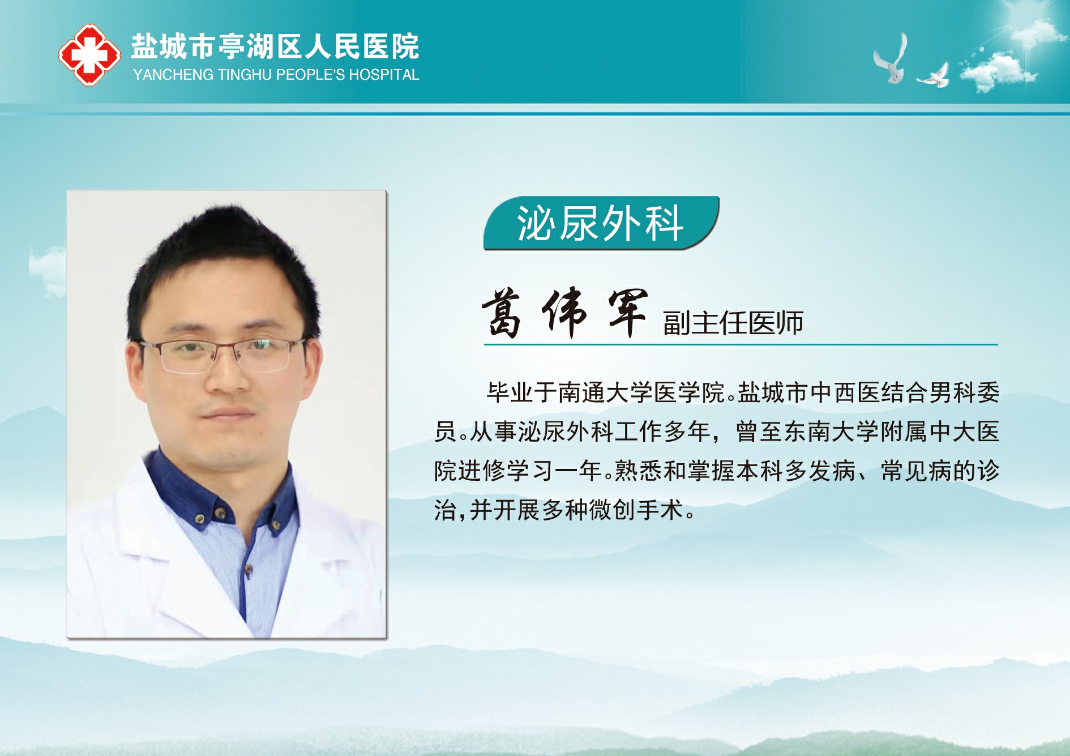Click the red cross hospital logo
point(89,55)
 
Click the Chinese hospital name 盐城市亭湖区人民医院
point(275,46)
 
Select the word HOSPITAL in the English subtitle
point(384,75)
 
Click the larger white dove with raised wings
point(891,59)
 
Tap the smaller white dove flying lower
point(933,76)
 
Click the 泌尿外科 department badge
point(601,223)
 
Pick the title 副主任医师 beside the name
point(733,323)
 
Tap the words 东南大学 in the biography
point(831,432)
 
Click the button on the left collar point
point(200,518)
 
